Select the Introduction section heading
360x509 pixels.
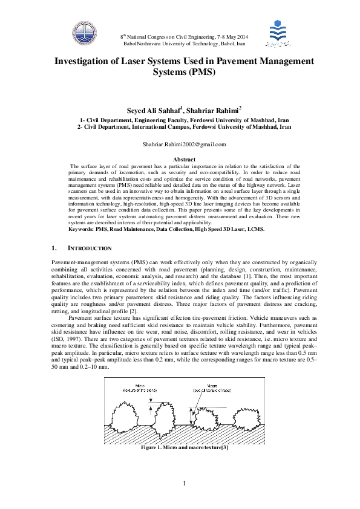(90, 248)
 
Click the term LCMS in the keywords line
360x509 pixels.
(255, 230)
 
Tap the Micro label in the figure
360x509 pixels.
(140, 384)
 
